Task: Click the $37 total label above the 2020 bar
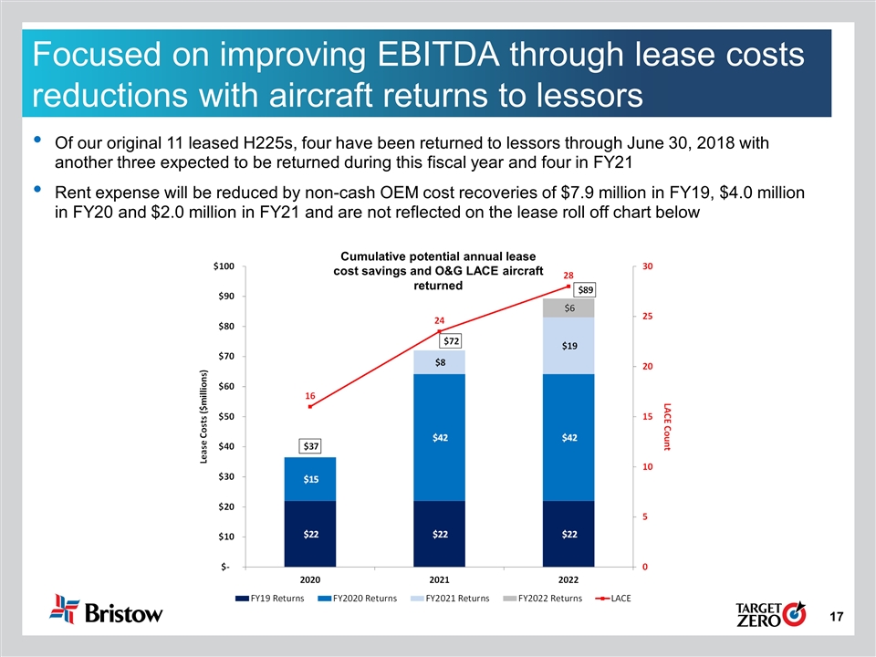point(311,446)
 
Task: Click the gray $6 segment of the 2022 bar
point(568,308)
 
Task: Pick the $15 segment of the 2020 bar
point(311,479)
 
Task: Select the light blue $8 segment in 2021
point(440,362)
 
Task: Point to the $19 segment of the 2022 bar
point(568,346)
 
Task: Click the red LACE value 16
point(310,397)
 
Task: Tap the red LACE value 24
point(439,321)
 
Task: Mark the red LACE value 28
point(568,275)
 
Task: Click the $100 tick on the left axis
point(224,266)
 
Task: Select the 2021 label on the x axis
point(440,579)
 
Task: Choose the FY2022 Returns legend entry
point(546,599)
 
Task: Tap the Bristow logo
point(107,610)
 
